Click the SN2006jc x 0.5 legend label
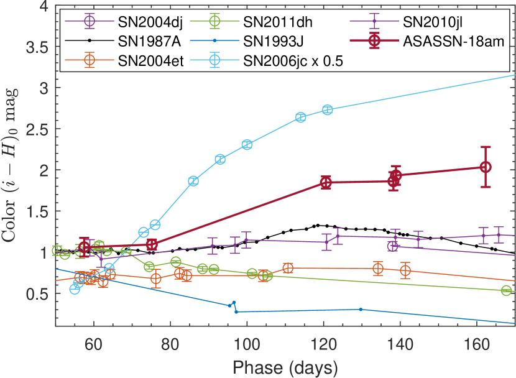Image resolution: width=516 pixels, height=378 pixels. pos(295,61)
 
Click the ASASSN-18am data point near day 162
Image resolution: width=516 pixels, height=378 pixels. pos(486,167)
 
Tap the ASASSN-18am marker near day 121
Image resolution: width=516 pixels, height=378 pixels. pos(326,182)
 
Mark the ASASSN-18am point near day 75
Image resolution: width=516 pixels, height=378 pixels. pos(152,244)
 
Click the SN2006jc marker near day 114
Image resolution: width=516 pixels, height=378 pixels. pos(301,117)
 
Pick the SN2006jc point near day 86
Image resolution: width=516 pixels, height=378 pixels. pos(193,181)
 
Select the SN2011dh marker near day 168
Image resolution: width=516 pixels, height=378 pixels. pos(506,290)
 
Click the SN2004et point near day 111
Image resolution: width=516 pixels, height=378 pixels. pos(288,268)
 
